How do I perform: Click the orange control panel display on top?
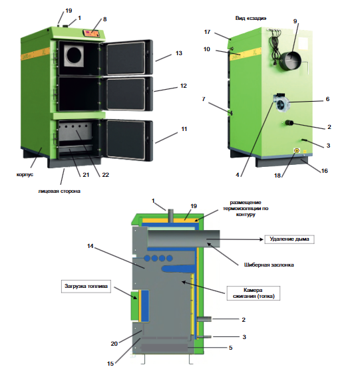coord(91,33)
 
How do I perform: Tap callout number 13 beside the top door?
coord(179,53)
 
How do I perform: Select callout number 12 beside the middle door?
coord(183,86)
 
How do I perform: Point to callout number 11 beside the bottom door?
coord(184,129)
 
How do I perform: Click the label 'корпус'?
coord(25,175)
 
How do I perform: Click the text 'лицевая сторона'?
coord(59,191)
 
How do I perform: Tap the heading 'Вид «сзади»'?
coord(251,18)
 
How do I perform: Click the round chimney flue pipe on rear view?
coord(290,62)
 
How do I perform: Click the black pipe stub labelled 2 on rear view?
coord(289,122)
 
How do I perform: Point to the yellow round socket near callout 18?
coord(297,150)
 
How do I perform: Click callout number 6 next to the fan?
coord(327,99)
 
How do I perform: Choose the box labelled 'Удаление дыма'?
coord(289,239)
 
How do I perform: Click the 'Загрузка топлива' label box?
coord(86,286)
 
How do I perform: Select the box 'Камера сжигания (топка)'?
coord(254,293)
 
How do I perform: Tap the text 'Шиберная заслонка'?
coord(269,265)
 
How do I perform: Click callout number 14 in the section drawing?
coord(90,246)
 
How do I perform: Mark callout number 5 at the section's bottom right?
coord(230,348)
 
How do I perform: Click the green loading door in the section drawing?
coord(134,306)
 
